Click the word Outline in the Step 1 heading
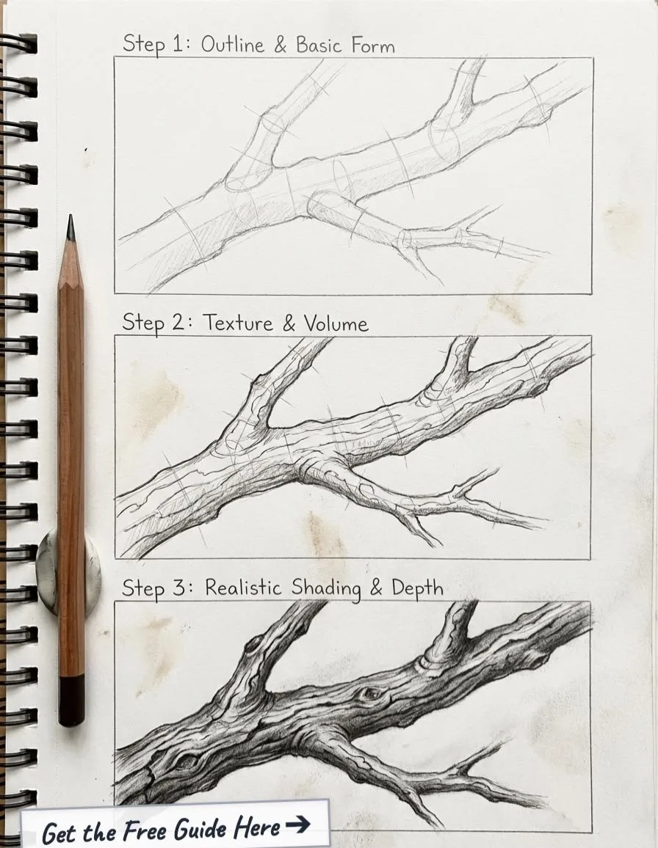[x=232, y=44]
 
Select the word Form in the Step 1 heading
[x=373, y=45]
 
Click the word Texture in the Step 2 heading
[x=238, y=323]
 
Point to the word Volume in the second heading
[x=336, y=324]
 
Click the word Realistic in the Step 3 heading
[x=243, y=588]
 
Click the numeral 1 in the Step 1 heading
[x=178, y=44]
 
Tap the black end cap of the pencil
[x=71, y=701]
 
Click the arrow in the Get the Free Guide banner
[x=297, y=825]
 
